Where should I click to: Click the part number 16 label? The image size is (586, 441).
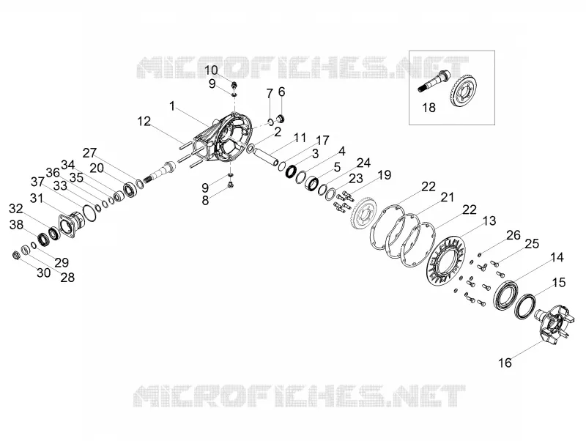click(505, 363)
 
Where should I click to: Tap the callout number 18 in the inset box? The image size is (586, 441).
click(429, 108)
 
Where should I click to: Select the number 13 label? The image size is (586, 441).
click(489, 221)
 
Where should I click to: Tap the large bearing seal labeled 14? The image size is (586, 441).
click(505, 295)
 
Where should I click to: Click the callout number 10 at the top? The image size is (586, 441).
click(211, 70)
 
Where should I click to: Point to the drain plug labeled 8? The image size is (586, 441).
click(231, 185)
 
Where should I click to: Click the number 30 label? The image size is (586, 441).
click(44, 273)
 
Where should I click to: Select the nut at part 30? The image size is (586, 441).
click(15, 255)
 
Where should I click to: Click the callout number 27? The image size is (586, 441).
click(89, 153)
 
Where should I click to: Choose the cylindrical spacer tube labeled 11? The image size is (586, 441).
click(266, 156)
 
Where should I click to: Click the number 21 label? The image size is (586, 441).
click(448, 197)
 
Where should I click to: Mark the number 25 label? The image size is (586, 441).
click(532, 244)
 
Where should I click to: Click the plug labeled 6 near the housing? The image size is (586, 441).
click(281, 119)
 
